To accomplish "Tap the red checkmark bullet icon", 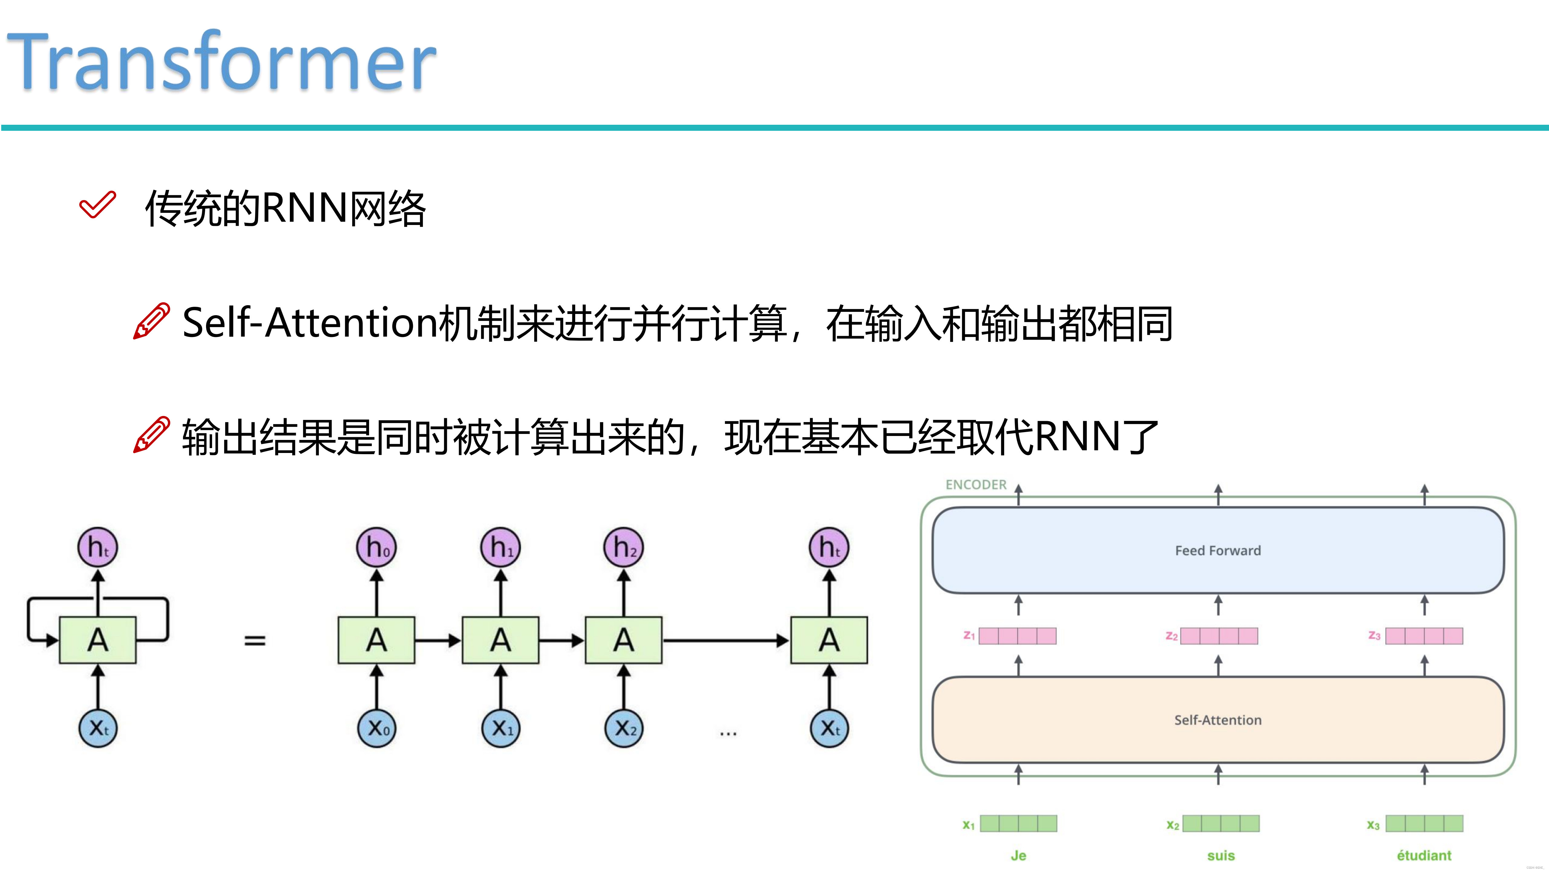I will click(x=97, y=205).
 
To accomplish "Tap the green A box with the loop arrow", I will click(x=98, y=640).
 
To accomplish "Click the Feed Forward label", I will click(x=1218, y=551).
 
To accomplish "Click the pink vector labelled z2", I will click(x=1219, y=636).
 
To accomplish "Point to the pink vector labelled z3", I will click(x=1424, y=636).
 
